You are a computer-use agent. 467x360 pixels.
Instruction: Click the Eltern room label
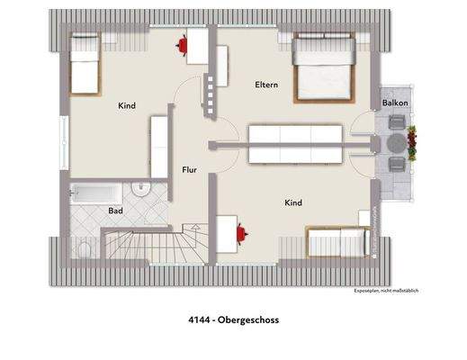265,85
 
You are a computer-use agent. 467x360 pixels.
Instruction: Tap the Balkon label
395,103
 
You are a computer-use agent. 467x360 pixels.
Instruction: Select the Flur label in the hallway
189,168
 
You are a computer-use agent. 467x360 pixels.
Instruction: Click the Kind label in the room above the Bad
127,106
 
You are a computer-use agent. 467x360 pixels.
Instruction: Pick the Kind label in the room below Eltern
293,203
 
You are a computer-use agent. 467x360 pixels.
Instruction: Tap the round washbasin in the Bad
142,188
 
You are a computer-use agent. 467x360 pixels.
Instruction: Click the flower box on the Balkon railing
413,140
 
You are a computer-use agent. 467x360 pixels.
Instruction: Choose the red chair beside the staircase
240,232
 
